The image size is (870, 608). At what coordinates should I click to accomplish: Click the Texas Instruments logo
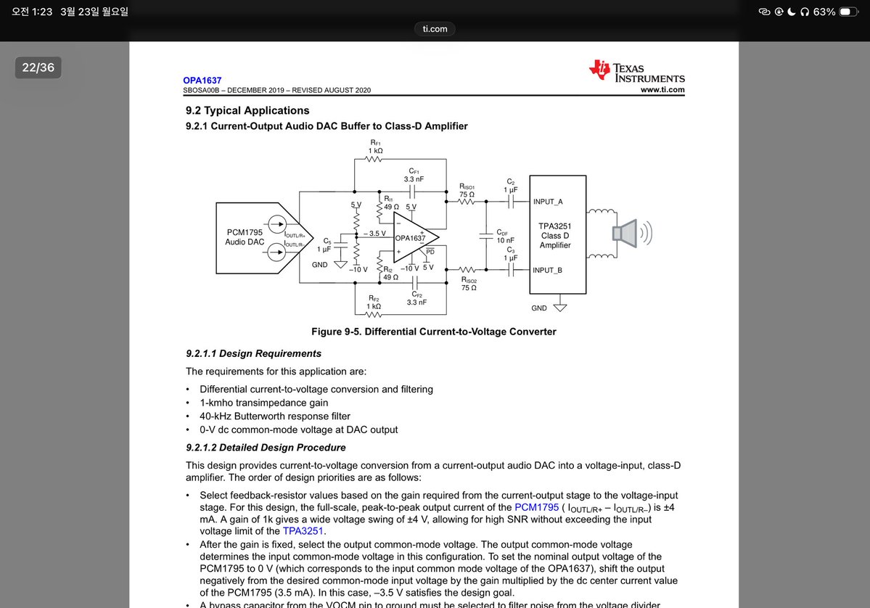[636, 71]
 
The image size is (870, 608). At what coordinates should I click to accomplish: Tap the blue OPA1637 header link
[202, 81]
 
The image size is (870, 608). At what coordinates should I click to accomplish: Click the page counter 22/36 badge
[38, 67]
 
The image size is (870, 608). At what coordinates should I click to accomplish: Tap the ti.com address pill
[435, 29]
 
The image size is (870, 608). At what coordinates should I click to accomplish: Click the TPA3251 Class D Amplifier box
[558, 234]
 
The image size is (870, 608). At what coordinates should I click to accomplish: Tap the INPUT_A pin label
[548, 202]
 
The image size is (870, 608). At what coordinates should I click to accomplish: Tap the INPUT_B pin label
[548, 270]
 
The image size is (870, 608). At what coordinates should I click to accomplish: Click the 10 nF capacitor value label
[506, 239]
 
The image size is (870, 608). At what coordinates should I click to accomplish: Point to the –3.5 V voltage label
[374, 234]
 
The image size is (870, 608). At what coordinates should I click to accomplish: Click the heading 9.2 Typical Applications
[247, 110]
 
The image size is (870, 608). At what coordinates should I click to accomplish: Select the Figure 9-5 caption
[433, 332]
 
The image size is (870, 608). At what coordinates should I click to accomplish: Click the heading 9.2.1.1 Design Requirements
[253, 353]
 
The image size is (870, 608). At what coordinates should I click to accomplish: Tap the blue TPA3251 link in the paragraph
[303, 530]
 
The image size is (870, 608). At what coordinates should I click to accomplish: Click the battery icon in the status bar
[848, 12]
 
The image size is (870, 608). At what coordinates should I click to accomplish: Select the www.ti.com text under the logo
[662, 90]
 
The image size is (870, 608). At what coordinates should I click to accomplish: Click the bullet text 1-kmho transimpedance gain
[263, 403]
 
